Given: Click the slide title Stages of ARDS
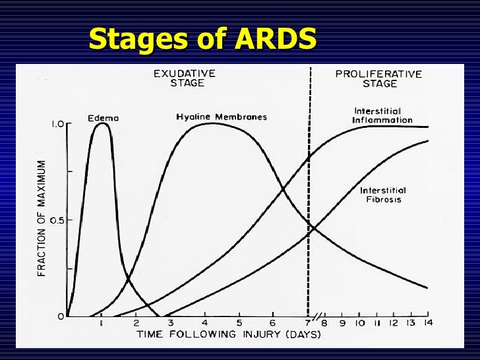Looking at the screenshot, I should point(202,39).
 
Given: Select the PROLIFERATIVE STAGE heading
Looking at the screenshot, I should point(378,78).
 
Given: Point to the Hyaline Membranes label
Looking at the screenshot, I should point(221,117).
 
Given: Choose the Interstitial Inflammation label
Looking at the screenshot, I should point(382,115).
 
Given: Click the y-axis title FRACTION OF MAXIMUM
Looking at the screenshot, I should point(42,218).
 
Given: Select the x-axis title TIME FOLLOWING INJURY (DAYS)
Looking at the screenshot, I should point(229,335).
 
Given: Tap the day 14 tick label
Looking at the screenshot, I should point(427,323).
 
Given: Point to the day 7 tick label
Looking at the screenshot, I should point(308,324).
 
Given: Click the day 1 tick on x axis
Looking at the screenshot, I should point(101,323).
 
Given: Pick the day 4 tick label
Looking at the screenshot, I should point(204,324).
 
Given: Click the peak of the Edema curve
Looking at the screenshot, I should point(102,124).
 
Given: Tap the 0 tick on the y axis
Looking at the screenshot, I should point(61,316).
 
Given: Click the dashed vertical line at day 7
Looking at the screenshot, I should point(309,198).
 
